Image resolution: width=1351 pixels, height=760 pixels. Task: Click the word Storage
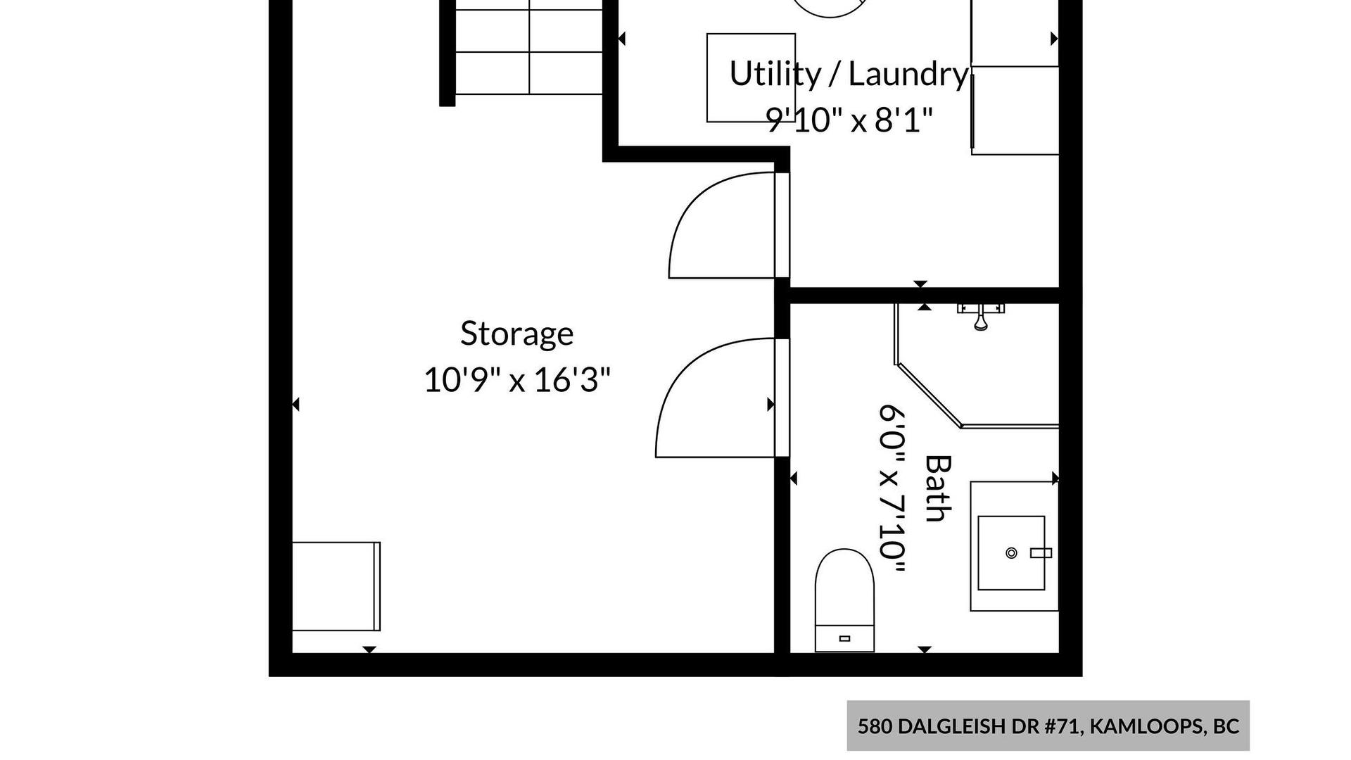point(516,334)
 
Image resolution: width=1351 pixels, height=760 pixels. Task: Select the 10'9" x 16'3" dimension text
point(516,381)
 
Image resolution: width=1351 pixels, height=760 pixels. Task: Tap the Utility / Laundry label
point(849,75)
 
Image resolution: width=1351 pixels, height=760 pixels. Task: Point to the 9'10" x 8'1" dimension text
point(849,120)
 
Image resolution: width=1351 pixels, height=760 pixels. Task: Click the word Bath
point(938,488)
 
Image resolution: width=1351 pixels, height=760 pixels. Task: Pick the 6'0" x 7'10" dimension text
point(892,489)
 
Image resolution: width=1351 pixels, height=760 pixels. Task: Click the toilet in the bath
point(844,600)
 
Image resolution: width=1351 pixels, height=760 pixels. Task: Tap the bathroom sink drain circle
point(1011,552)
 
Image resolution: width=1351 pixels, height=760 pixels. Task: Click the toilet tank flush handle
point(844,638)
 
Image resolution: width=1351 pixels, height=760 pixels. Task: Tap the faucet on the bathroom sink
point(1041,553)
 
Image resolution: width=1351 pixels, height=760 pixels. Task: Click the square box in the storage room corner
point(336,586)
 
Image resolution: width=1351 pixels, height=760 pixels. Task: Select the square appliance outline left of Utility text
point(751,77)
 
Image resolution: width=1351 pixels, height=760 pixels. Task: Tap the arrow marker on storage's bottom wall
point(369,650)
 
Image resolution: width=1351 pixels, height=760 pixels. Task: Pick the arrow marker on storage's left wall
point(296,404)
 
